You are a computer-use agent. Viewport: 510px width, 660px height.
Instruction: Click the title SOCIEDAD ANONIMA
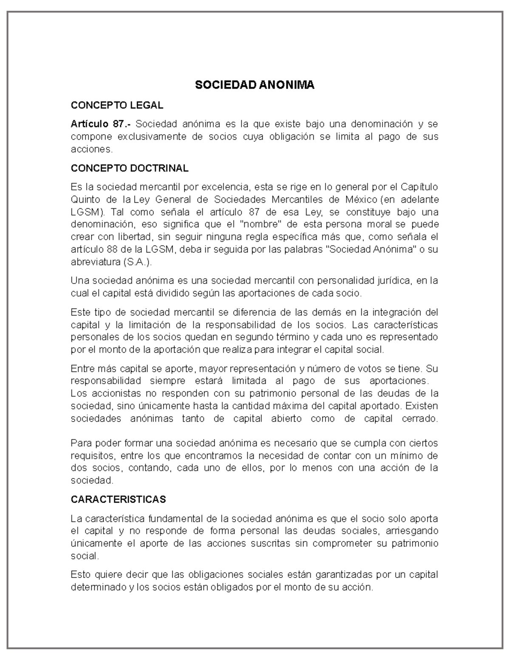click(x=255, y=85)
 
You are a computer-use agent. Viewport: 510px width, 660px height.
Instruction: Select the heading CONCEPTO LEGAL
click(x=116, y=105)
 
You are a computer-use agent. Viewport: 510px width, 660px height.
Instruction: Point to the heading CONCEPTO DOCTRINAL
click(x=129, y=168)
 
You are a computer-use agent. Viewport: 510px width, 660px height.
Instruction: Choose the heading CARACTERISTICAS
click(x=118, y=499)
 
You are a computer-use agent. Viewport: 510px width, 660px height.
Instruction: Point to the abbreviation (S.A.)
click(x=137, y=262)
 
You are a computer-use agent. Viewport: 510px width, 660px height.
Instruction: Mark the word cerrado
click(x=419, y=419)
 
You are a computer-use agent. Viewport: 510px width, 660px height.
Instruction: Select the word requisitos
click(x=91, y=456)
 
